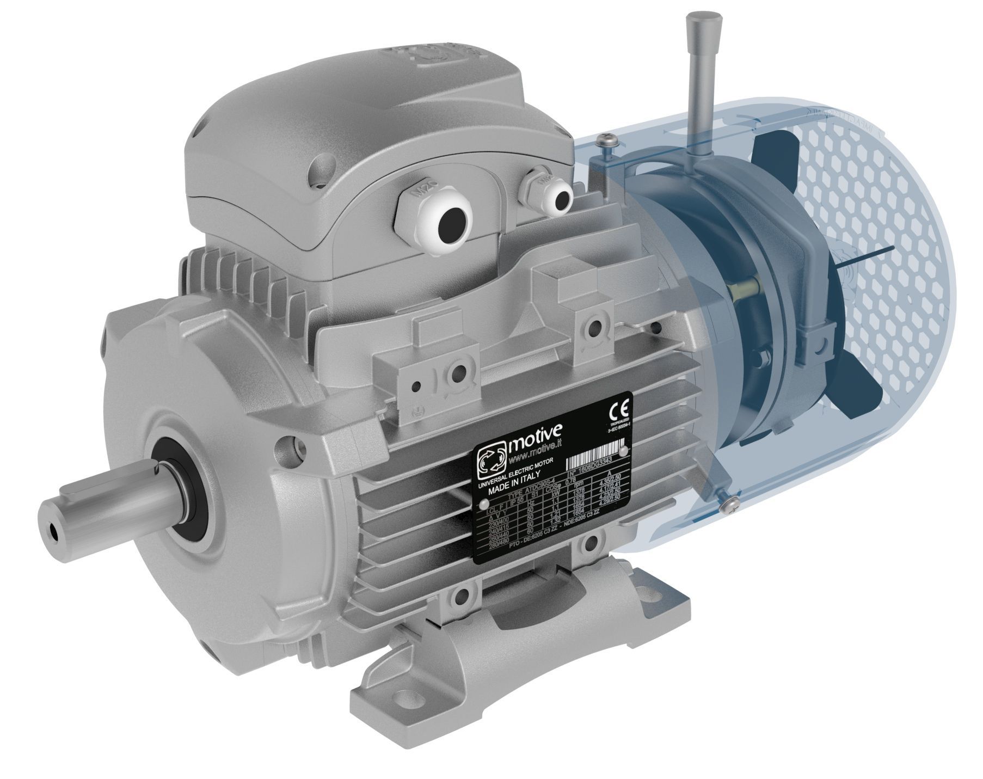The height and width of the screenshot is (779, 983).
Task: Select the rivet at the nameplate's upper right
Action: [x=624, y=451]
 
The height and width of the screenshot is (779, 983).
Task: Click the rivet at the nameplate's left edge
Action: [x=481, y=506]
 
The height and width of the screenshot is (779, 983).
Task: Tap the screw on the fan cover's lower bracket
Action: [x=728, y=507]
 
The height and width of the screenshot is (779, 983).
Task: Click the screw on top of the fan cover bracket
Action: [x=606, y=143]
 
